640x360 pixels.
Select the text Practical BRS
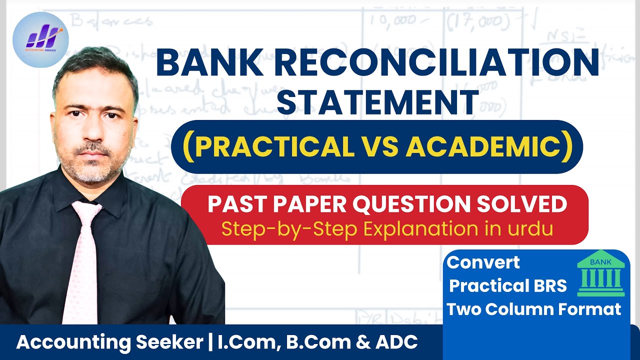508,285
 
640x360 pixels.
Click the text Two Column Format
533,309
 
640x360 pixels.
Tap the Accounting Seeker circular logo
40,39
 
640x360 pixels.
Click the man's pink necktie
82,260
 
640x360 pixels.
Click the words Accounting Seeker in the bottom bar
105,342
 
